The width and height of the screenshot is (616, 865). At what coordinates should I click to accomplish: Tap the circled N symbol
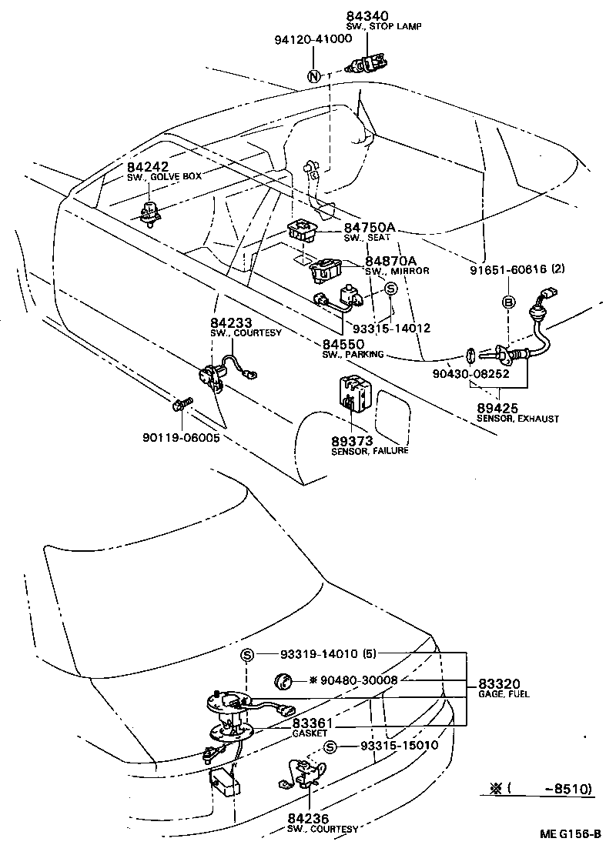313,76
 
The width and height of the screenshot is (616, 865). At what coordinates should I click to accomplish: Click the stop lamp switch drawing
368,63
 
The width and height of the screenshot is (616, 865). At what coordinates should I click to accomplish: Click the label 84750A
370,228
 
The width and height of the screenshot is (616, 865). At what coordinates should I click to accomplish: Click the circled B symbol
508,302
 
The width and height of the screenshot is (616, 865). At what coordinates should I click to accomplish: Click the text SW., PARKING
353,355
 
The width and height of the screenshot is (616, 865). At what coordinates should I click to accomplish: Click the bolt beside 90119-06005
181,403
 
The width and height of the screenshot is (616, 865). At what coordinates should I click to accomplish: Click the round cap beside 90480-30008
283,680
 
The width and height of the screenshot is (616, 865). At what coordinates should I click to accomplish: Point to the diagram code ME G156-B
569,833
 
